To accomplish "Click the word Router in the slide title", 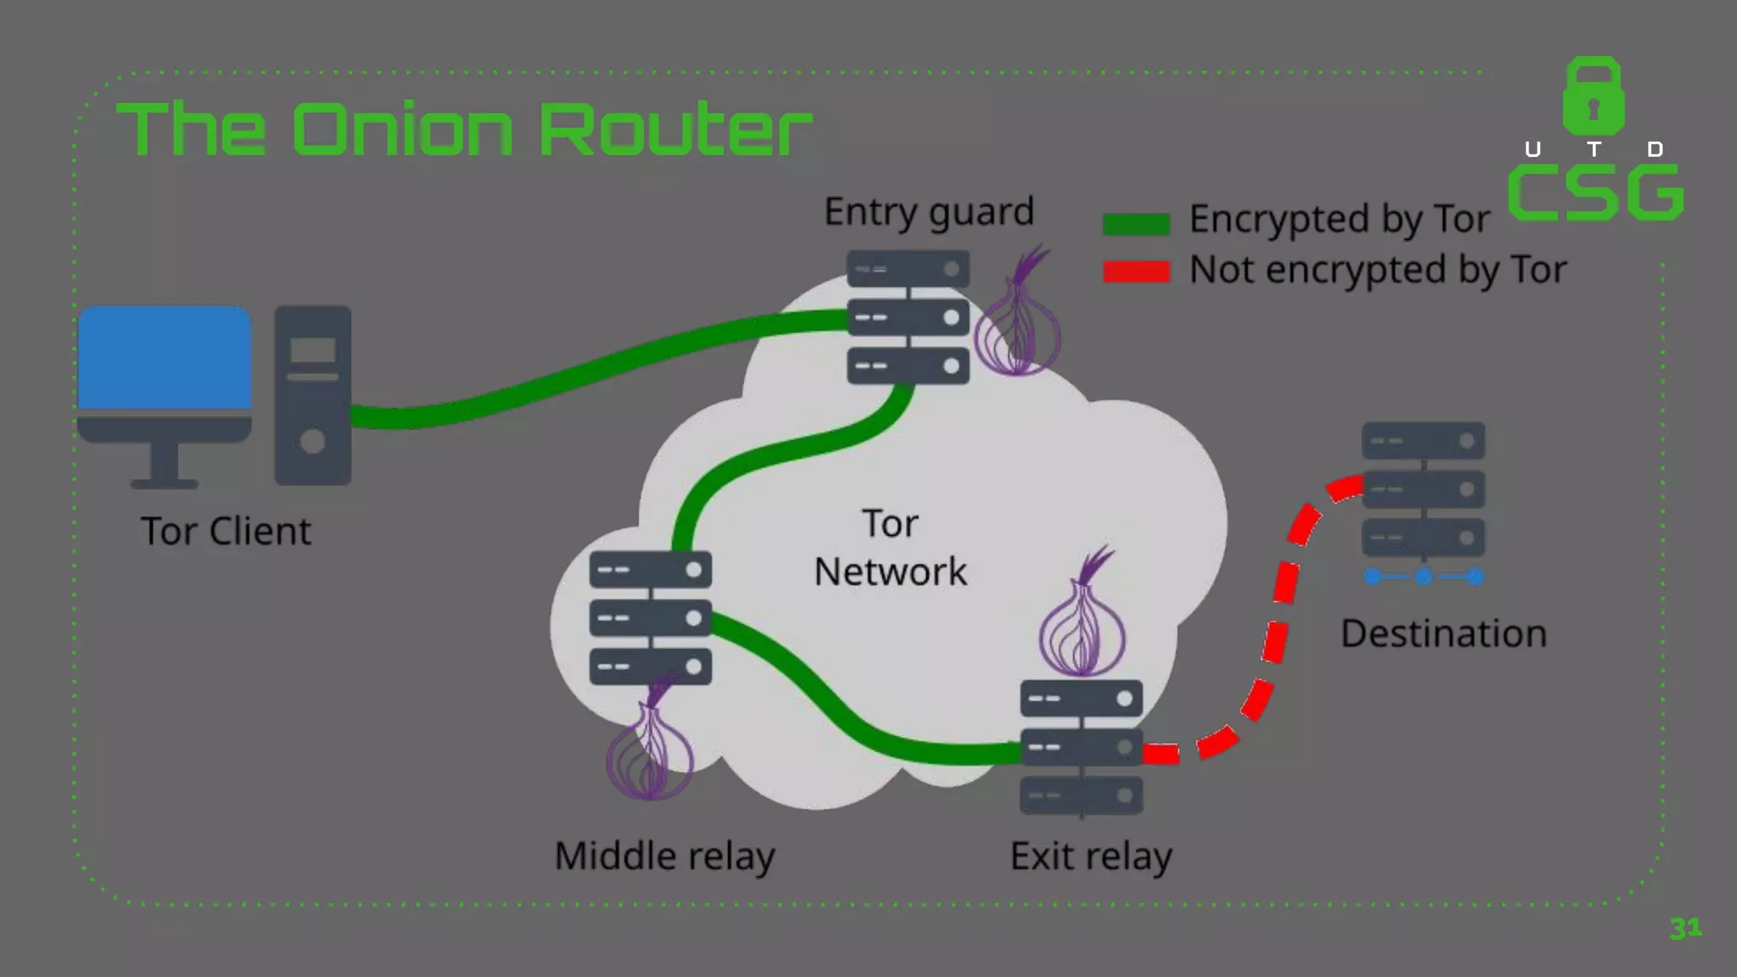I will tap(674, 130).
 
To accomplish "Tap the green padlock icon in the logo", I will tap(1594, 98).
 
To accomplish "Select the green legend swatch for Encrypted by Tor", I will tap(1136, 224).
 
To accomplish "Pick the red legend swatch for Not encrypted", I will tap(1136, 271).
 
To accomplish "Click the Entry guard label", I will tap(929, 212).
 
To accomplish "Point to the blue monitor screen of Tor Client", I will tap(165, 358).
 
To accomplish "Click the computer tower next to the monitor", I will tap(312, 395).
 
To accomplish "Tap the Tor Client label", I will tap(226, 532).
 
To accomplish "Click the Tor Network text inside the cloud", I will tap(890, 548).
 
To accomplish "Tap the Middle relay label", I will tap(664, 856).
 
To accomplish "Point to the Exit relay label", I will tap(1091, 856).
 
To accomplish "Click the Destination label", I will tap(1444, 634).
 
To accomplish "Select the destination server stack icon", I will tap(1423, 489).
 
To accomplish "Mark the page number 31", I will tap(1684, 928).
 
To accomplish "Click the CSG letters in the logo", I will tap(1595, 193).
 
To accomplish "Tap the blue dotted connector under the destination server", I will tap(1424, 577).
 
